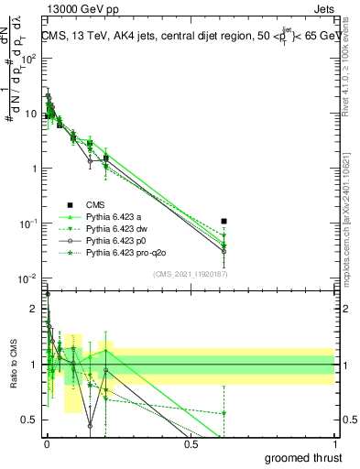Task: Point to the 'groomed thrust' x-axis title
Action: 304,457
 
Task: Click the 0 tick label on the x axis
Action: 46,444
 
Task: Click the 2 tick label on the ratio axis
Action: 35,308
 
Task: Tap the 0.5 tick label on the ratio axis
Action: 31,420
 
